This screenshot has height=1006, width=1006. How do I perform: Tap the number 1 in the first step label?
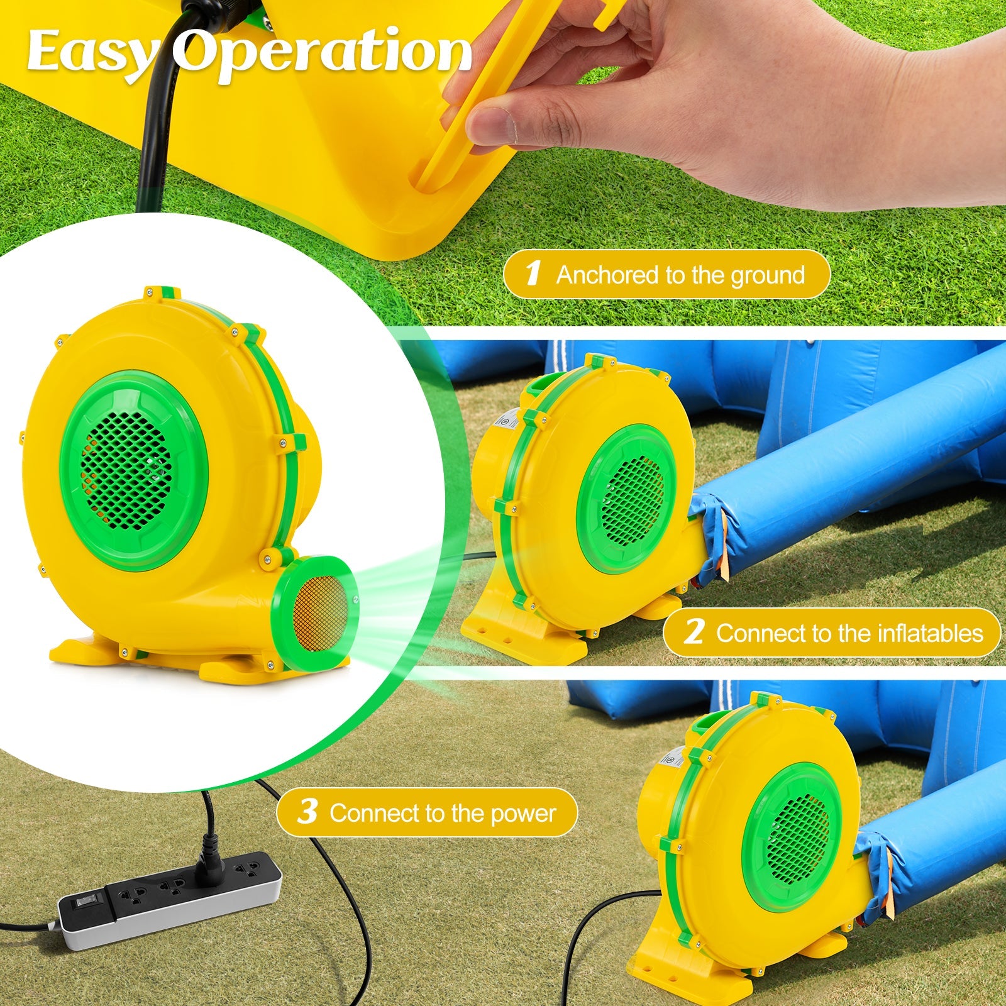pos(533,274)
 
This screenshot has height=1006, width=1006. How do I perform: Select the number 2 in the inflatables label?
pos(693,633)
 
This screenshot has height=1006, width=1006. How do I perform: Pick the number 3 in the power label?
pos(307,812)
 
